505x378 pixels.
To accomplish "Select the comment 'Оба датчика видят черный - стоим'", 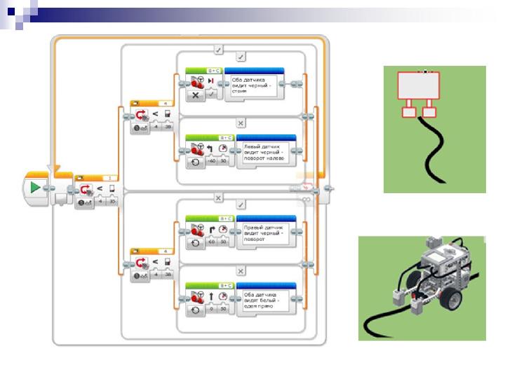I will point(253,87).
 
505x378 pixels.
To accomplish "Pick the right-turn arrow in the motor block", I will point(211,228).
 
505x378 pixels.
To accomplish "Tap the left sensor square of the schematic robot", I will point(408,111).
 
